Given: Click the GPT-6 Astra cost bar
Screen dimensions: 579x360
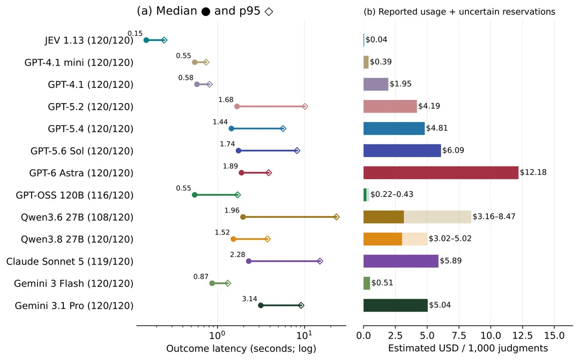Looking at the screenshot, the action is click(x=441, y=173).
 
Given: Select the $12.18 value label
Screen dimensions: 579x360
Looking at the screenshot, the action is click(x=533, y=172).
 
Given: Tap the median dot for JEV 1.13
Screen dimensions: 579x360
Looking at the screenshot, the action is click(x=146, y=40).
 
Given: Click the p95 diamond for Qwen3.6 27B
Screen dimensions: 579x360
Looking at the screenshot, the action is click(x=336, y=217).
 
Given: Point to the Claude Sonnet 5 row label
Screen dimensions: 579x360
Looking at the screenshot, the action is click(x=70, y=261).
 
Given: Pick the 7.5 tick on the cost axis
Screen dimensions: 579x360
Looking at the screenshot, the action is click(x=459, y=336).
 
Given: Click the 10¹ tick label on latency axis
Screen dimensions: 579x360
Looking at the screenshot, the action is click(x=305, y=335).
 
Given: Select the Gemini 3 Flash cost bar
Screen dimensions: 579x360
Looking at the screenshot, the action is click(x=367, y=283).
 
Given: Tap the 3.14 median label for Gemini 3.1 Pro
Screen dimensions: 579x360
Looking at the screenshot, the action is click(x=250, y=299).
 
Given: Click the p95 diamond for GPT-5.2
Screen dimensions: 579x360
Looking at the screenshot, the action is click(x=305, y=106).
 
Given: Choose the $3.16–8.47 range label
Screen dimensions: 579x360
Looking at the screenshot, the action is click(x=494, y=216).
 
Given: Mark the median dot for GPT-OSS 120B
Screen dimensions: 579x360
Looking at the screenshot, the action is click(x=195, y=195).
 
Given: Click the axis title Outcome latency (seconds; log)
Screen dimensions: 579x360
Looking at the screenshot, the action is click(x=241, y=349).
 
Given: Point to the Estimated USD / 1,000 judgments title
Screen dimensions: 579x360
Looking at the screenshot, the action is click(x=468, y=348).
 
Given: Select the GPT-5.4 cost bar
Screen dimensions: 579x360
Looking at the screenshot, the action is click(x=394, y=128).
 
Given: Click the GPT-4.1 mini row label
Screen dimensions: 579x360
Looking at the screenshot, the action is click(x=79, y=62).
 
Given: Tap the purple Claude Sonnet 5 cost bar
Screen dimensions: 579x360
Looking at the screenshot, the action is click(x=401, y=261).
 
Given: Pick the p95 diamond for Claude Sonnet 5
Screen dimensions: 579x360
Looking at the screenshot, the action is click(x=320, y=261).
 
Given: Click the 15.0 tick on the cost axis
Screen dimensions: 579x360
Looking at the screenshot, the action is click(x=554, y=336).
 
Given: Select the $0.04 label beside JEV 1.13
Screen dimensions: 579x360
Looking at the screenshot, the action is click(x=376, y=40).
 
